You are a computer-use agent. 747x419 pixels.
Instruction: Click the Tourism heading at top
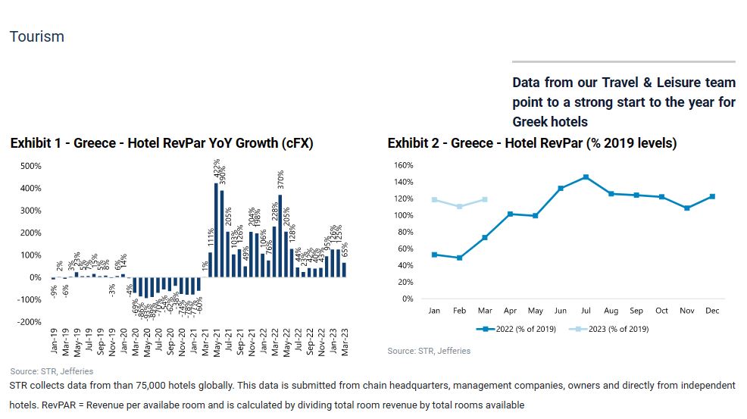click(36, 36)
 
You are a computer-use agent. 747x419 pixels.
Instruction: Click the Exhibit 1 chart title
click(161, 143)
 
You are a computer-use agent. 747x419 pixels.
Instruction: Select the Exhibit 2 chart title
click(532, 143)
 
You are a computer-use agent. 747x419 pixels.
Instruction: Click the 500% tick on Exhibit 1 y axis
click(30, 166)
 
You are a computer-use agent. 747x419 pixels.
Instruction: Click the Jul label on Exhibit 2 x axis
click(586, 311)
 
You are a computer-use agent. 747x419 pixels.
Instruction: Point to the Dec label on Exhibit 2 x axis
click(712, 311)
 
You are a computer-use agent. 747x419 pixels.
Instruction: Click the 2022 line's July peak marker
click(586, 177)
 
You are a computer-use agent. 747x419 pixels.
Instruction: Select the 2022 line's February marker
click(460, 258)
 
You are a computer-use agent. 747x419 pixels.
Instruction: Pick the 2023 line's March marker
click(485, 199)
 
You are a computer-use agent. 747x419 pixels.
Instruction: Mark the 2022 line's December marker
click(712, 196)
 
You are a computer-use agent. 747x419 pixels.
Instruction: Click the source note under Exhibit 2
click(429, 351)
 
